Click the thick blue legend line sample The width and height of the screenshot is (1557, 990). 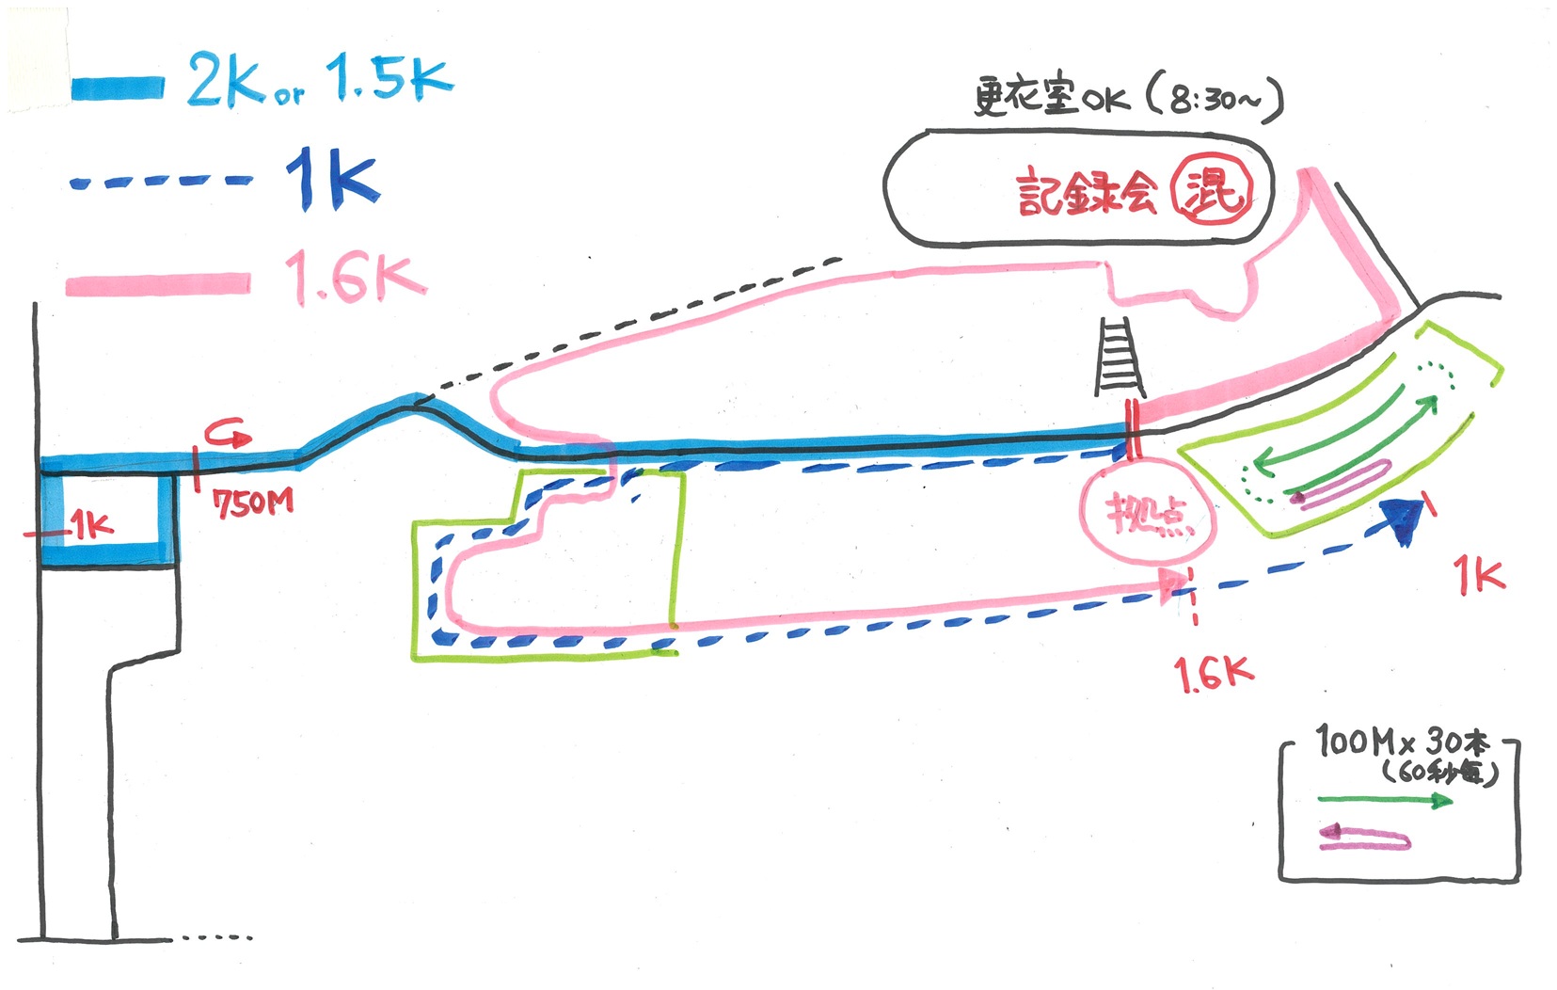click(118, 88)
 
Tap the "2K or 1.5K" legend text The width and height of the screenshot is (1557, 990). click(320, 79)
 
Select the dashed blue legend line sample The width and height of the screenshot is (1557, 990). click(161, 182)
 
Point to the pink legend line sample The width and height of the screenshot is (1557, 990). click(158, 283)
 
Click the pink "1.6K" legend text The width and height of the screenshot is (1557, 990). click(355, 278)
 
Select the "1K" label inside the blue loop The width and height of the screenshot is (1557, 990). click(92, 525)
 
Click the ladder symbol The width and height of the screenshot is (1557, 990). click(1119, 357)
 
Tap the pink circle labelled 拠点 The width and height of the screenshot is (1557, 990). click(1147, 515)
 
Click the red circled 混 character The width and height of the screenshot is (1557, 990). click(1212, 189)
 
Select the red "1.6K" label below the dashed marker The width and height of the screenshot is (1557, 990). click(1213, 673)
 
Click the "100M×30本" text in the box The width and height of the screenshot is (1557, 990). click(1402, 742)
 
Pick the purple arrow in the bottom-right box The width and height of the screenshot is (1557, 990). click(1365, 837)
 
